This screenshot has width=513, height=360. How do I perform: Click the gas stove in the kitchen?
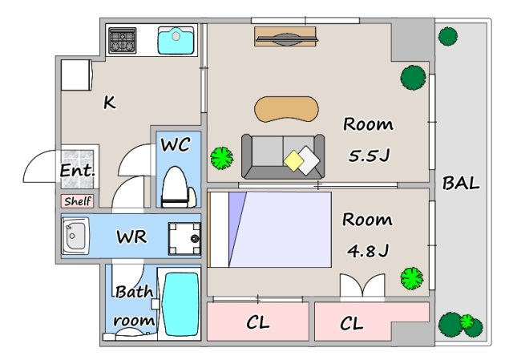coord(123,41)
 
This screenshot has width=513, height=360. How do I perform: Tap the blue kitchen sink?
coord(176,41)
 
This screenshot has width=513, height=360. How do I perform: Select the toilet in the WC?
coord(179,187)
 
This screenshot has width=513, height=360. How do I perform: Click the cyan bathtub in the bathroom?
coord(182,305)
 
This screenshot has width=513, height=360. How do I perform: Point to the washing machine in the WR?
coord(184,239)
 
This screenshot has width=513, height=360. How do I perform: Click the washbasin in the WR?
coord(75,236)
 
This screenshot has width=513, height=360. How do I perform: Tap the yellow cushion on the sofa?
coord(294,160)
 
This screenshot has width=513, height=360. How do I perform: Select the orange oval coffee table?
coord(286,109)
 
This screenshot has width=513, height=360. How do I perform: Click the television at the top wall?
coord(285,37)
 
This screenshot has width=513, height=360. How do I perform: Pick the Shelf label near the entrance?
coord(78,201)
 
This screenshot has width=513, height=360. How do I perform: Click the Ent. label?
coord(77,170)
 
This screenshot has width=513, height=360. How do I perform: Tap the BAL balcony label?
coord(461,184)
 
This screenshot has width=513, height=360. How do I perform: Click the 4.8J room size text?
coord(368,251)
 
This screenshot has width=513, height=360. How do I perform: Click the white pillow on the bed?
coord(220,230)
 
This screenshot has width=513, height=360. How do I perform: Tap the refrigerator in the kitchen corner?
coord(77,75)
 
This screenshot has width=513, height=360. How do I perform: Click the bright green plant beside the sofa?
coord(222,158)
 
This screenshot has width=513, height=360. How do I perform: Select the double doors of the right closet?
coord(362,285)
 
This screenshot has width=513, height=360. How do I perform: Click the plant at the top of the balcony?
coord(447,36)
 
